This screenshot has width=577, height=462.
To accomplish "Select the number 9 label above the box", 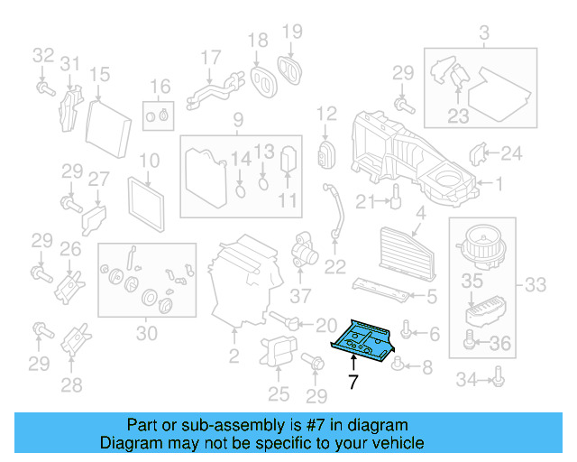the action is pos(238,120).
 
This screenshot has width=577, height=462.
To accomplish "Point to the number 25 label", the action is pos(279,393).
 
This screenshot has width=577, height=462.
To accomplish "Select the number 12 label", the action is pos(325,115).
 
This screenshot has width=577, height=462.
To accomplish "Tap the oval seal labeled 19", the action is pos(291,68).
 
